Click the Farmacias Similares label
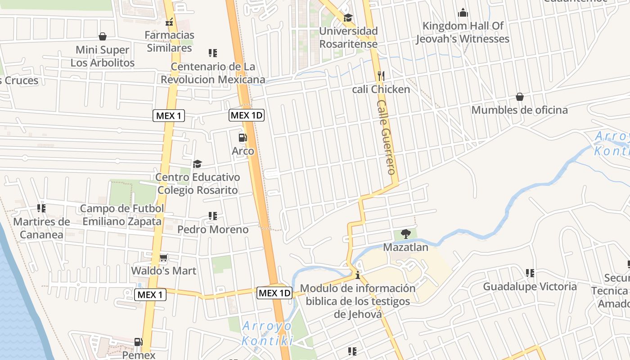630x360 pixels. click(170, 41)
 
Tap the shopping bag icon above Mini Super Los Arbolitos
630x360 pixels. click(103, 36)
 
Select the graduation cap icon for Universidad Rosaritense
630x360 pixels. click(348, 18)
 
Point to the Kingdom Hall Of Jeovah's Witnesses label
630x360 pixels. click(463, 32)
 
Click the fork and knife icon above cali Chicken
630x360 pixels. click(381, 76)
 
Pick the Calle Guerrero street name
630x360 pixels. click(386, 137)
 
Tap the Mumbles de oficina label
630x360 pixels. click(519, 110)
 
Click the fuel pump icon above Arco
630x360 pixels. click(243, 137)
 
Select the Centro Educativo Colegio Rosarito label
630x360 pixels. click(198, 184)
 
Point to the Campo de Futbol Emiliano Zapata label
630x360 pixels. click(122, 215)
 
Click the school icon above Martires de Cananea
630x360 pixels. click(41, 208)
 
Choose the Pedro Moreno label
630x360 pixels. click(213, 229)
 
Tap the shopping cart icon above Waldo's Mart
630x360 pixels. click(164, 258)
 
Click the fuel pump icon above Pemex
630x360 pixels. click(139, 342)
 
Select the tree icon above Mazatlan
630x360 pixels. click(405, 234)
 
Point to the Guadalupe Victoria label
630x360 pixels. click(530, 287)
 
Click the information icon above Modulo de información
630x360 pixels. click(358, 275)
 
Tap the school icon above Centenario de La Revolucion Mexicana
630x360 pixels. click(213, 53)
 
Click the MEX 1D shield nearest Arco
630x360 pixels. click(246, 115)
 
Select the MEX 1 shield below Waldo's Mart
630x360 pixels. click(150, 295)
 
